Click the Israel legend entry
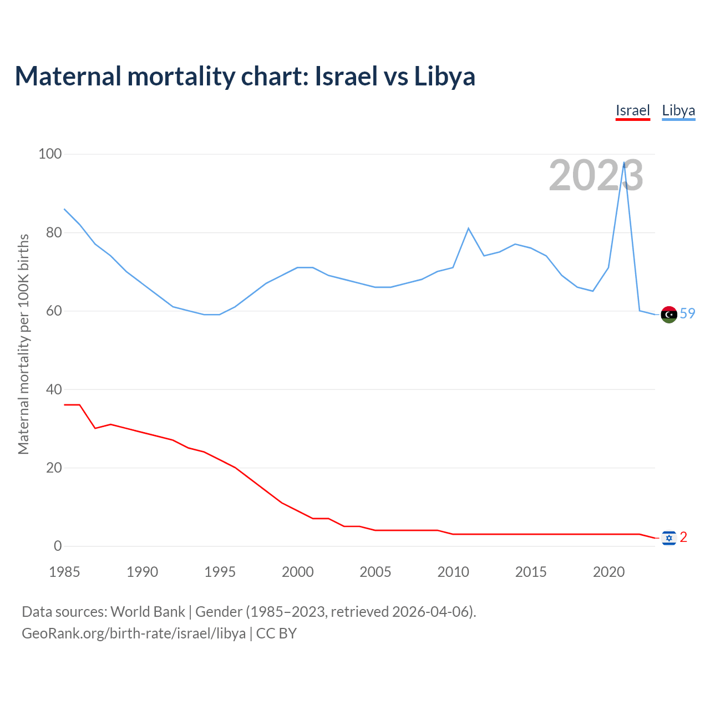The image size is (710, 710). pos(632,110)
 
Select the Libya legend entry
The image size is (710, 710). pos(678,110)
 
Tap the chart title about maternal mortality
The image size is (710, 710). pos(245,77)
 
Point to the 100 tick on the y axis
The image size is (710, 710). pos(50,154)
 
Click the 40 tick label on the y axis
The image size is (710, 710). pos(54,389)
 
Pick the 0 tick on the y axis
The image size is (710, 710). pos(58,546)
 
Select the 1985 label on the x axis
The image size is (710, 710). pos(64,572)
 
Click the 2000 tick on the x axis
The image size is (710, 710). pos(298,572)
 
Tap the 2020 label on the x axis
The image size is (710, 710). pos(609,572)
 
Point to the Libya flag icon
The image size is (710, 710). pos(669,315)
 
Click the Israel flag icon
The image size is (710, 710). pos(669,537)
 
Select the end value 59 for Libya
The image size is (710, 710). pos(687,313)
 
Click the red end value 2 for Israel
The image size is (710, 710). pos(683,537)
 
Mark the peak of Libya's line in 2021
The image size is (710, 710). pos(624,163)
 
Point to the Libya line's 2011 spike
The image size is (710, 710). pos(468,228)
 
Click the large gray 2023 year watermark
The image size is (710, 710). pos(596,176)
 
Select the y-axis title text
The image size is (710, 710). pos(23,344)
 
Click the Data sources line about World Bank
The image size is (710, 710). pos(249,612)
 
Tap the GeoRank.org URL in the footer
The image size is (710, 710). pos(134,633)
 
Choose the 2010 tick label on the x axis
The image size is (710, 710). pos(453,572)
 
